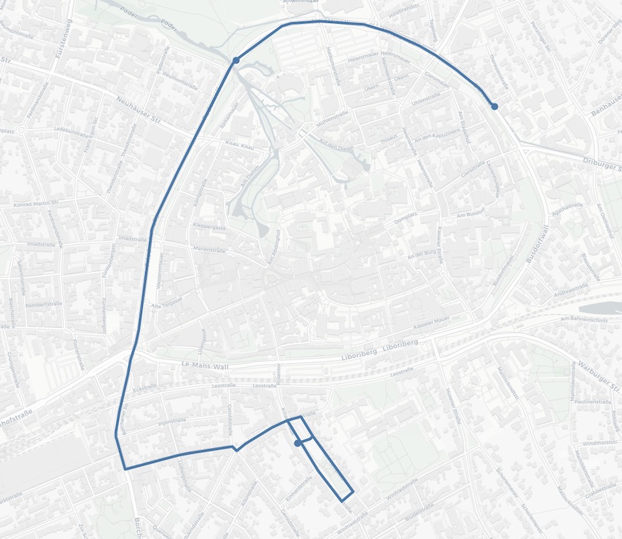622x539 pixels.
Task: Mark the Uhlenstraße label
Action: coord(425,99)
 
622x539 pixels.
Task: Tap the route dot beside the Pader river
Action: coord(236,59)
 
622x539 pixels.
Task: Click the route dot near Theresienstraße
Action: coord(495,106)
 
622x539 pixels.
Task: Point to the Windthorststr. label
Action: coord(600,443)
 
